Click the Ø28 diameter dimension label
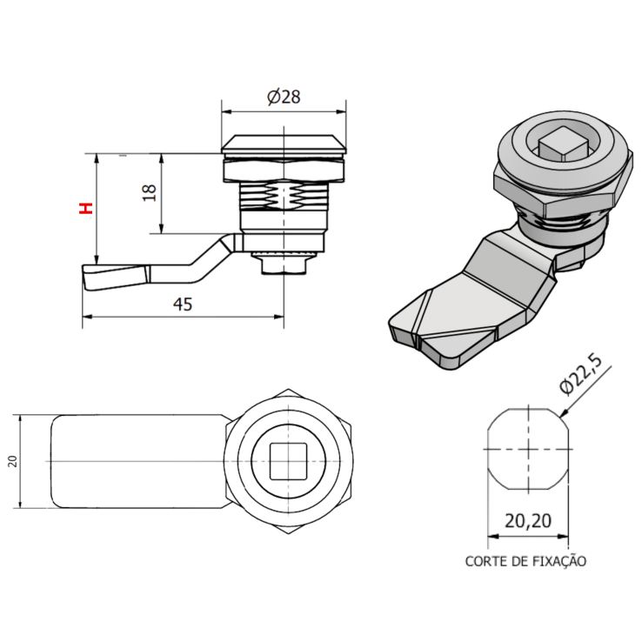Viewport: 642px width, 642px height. coord(284,97)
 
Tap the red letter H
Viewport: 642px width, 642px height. coord(84,209)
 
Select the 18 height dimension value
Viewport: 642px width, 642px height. coord(148,193)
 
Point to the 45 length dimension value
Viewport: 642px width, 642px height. coord(183,304)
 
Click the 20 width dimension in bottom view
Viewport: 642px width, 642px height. coord(12,461)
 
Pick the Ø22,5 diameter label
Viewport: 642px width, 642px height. coord(578,371)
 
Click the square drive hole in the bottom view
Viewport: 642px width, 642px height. coord(285,461)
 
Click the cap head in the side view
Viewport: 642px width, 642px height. coord(284,144)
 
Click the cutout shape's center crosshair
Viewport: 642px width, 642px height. coord(527,449)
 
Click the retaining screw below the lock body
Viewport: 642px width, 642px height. coord(284,262)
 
